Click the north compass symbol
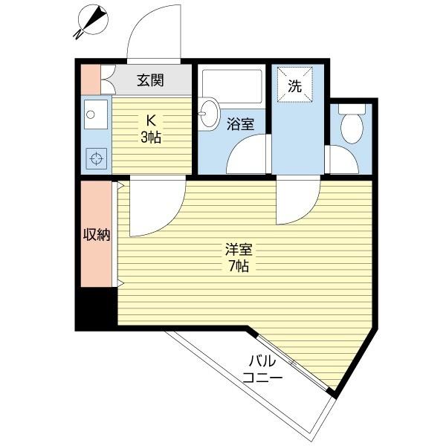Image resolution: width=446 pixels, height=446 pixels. tap(91, 20)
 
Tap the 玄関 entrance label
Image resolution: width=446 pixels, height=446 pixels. tap(149, 81)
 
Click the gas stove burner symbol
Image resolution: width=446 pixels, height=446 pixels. tap(95, 158)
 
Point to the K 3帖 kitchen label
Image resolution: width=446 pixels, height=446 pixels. tap(151, 128)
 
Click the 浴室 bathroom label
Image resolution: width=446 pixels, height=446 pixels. tap(240, 125)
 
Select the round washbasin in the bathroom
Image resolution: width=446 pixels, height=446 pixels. tap(208, 114)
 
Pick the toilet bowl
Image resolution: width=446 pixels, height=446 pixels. tap(350, 125)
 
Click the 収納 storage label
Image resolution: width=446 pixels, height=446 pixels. tap(96, 235)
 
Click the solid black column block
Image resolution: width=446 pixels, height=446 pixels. tap(95, 308)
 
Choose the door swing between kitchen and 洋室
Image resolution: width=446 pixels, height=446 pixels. tap(155, 208)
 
